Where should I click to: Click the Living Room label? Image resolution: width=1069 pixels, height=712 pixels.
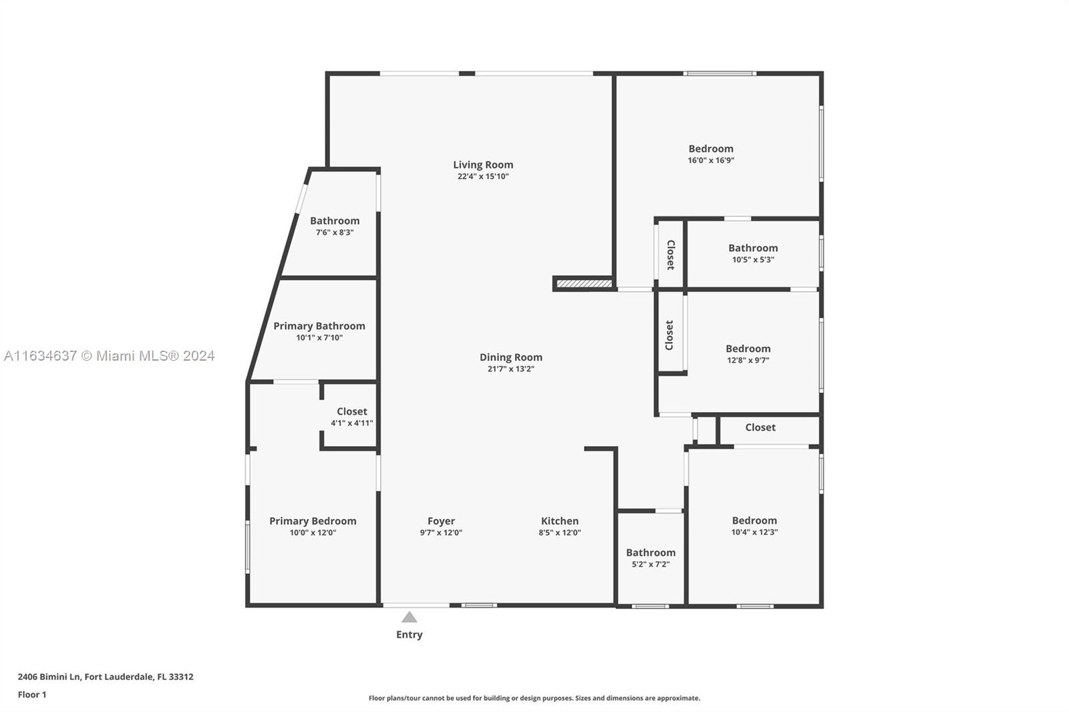[x=483, y=164]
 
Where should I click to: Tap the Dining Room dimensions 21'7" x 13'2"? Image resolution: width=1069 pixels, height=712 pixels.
[x=510, y=369]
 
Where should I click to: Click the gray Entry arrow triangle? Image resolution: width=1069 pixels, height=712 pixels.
[x=409, y=617]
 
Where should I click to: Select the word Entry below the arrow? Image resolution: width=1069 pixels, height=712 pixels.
[x=410, y=635]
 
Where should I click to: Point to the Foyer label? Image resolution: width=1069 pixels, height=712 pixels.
[x=441, y=521]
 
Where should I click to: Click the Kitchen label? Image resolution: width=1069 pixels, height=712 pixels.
[x=560, y=521]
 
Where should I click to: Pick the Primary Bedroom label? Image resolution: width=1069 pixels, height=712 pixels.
[x=313, y=521]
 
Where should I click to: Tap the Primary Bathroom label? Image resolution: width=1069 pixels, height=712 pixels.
[x=319, y=326]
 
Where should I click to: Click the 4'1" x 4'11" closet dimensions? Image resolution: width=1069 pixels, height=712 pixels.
[x=351, y=423]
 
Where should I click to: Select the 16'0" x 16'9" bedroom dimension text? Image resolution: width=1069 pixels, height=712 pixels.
[x=711, y=160]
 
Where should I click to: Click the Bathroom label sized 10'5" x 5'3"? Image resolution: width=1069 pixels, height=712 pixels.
[x=753, y=248]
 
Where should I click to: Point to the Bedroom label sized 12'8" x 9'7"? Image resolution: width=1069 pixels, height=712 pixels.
[x=748, y=349]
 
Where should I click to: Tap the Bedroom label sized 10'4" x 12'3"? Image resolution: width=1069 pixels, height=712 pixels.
[x=754, y=520]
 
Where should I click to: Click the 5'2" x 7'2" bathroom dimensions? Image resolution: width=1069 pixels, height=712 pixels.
[x=651, y=564]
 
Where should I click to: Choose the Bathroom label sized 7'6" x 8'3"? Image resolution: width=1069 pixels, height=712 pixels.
[x=335, y=221]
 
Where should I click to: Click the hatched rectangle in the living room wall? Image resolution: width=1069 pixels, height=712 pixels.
[x=584, y=284]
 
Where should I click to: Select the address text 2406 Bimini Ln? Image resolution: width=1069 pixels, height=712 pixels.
[x=49, y=677]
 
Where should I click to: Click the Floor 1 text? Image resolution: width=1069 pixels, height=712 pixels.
[x=32, y=695]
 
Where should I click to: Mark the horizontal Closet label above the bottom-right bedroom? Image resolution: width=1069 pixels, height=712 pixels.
[x=760, y=427]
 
